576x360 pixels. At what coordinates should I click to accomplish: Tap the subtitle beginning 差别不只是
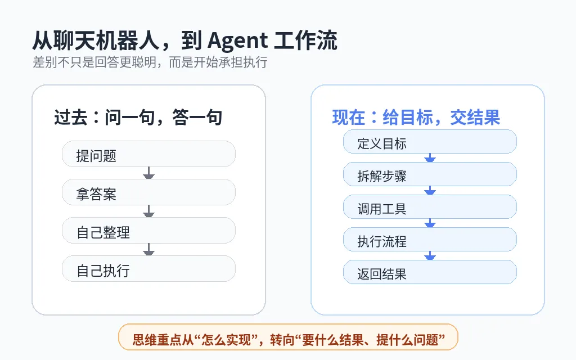150,62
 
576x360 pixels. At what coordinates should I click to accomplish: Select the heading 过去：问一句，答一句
138,118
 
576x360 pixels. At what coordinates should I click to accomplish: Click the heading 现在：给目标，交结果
416,118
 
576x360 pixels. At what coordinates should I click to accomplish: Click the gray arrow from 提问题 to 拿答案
148,173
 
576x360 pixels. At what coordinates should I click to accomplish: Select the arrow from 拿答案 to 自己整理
148,211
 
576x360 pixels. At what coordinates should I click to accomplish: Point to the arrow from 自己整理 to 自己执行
148,250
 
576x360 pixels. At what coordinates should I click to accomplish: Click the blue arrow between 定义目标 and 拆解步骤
430,158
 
